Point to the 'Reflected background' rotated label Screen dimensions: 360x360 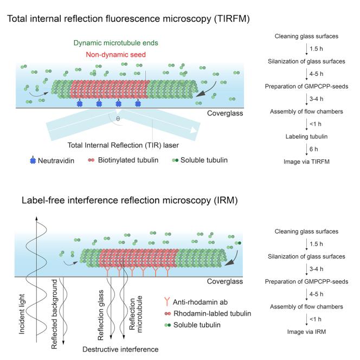coord(54,315)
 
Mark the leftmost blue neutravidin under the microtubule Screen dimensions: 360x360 coord(81,103)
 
